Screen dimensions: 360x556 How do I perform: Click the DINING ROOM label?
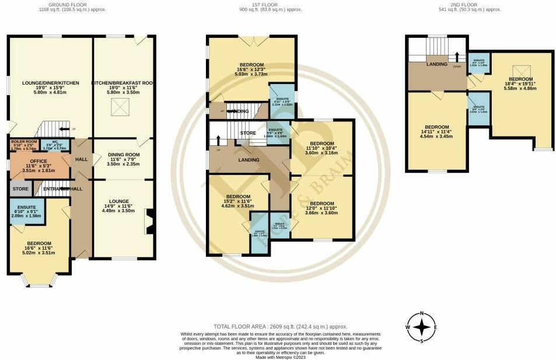coord(123,155)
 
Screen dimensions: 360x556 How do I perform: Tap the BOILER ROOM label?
coord(23,142)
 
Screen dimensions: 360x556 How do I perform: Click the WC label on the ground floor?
coord(55,142)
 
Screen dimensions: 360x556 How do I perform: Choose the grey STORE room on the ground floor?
coord(20,188)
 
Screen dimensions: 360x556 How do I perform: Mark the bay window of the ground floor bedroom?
coord(40,282)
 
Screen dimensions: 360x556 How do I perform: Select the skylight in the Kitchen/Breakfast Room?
coord(122,107)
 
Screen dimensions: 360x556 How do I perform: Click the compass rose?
coord(422,327)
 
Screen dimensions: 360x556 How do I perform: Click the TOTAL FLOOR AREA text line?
coord(280,327)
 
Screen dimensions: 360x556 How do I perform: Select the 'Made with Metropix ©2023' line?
coord(280,356)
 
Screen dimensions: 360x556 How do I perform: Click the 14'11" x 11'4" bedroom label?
coord(436,127)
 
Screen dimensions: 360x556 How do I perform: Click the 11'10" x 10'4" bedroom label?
coord(322,144)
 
